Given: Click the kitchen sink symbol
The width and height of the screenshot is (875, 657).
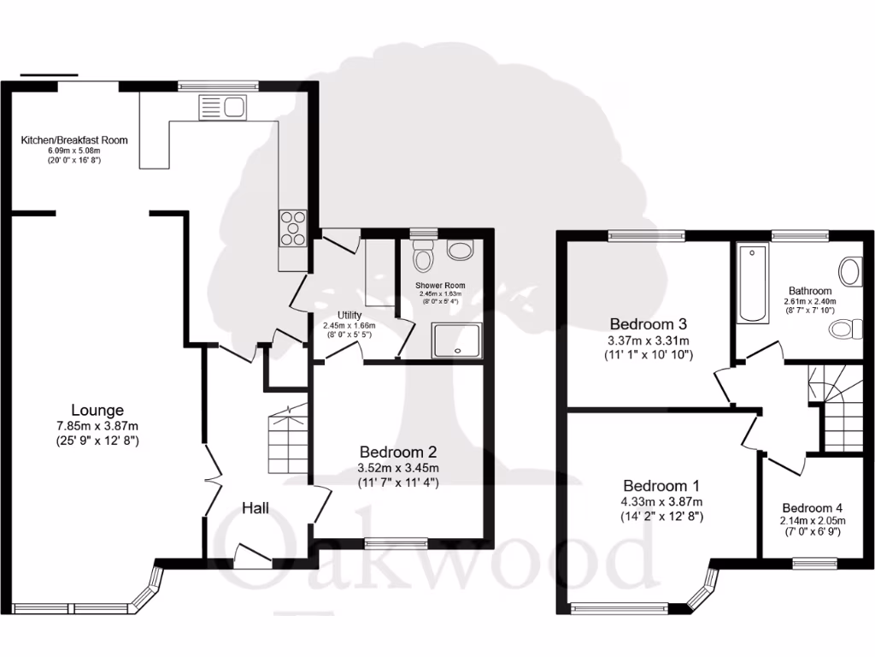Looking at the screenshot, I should click(x=221, y=108).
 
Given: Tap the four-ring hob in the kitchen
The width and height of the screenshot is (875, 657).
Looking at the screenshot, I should click(x=292, y=228).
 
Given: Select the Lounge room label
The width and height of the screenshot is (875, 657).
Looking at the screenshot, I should click(x=97, y=411).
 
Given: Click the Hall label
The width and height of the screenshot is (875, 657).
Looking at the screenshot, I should click(x=255, y=508).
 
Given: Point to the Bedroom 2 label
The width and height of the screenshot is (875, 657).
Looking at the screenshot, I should click(x=398, y=452).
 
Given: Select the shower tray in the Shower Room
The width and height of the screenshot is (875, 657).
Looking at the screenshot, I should click(x=455, y=339).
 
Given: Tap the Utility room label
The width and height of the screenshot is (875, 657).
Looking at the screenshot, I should click(x=349, y=315).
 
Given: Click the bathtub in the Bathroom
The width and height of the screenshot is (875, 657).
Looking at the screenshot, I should click(x=753, y=283).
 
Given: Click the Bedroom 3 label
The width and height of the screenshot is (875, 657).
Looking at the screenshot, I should click(x=649, y=324).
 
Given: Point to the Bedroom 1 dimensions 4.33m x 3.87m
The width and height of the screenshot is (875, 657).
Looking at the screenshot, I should click(x=661, y=501).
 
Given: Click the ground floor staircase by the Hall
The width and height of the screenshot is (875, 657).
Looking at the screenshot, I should click(x=287, y=440).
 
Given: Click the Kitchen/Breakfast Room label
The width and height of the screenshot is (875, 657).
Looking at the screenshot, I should click(x=74, y=139).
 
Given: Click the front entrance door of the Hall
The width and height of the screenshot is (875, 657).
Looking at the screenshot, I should click(x=254, y=557).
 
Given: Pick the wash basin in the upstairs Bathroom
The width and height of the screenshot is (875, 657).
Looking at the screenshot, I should click(x=849, y=271).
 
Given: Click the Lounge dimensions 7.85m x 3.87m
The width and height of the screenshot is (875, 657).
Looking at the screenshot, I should click(x=97, y=426).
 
